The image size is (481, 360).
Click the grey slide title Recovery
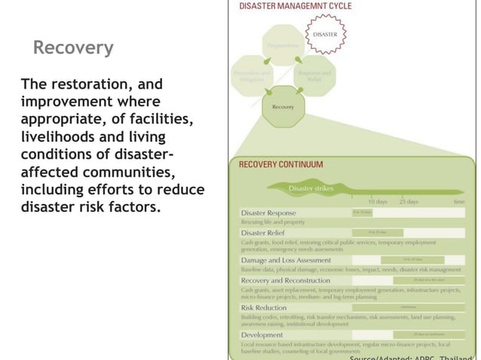(73, 49)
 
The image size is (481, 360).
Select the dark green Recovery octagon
(283, 108)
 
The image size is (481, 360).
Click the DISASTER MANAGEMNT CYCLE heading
(296, 6)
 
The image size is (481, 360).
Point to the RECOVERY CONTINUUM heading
(280, 164)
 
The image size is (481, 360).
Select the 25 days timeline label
(409, 202)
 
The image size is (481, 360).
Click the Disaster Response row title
(269, 213)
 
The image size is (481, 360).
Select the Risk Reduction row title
(264, 307)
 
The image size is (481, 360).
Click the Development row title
(262, 334)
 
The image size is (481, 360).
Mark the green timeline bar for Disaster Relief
(378, 232)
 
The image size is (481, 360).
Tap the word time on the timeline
(458, 202)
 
